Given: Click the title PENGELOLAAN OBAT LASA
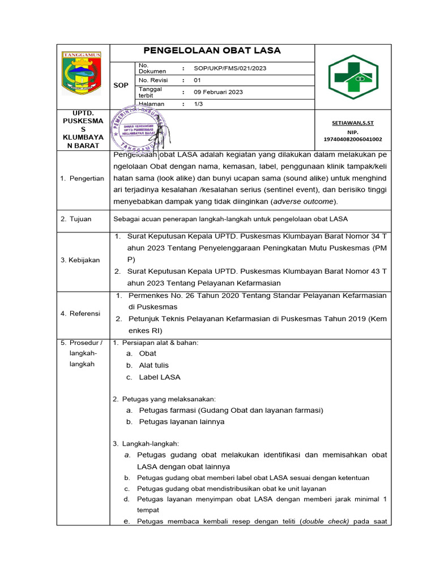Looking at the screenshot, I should (212, 51).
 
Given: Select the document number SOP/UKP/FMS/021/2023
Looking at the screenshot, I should (230, 68).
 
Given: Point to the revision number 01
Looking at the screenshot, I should (198, 80).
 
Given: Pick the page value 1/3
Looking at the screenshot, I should (198, 104).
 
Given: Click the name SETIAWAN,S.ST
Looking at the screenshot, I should (352, 123).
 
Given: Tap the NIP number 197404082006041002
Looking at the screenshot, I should (352, 139).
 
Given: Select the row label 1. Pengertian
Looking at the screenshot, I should (82, 179).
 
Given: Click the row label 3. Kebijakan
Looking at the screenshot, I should (80, 260).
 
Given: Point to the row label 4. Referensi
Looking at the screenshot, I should (80, 313).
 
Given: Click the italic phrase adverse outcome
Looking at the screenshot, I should (304, 201).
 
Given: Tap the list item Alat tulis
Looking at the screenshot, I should (153, 365).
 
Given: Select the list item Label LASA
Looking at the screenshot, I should (160, 377).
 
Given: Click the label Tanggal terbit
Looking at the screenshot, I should (150, 92).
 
